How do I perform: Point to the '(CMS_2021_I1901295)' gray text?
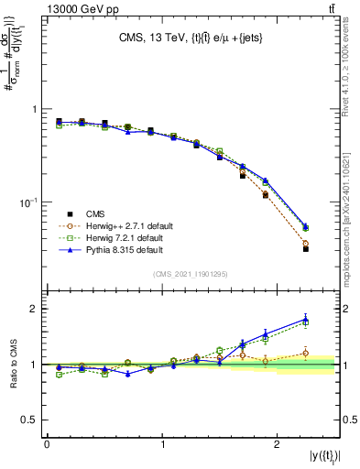(x=191, y=274)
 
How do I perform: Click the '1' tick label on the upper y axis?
(x=37, y=109)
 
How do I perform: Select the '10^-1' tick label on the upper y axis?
(x=29, y=201)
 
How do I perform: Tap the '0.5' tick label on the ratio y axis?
(x=32, y=420)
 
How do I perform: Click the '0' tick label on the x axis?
(x=47, y=443)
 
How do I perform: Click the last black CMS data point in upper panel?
(x=306, y=248)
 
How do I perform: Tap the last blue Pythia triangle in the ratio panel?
(x=306, y=319)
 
